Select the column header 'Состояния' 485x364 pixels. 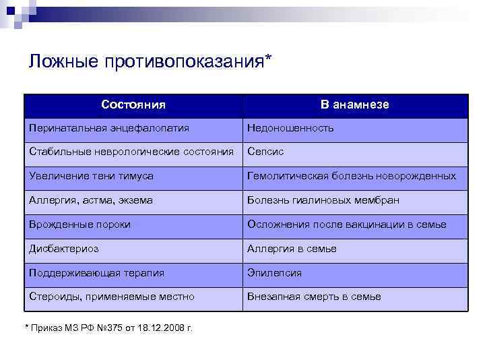coord(133,105)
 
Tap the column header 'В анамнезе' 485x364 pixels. coord(354,105)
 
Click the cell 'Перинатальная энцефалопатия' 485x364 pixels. coord(109,128)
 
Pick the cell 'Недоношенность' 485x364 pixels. coord(290,128)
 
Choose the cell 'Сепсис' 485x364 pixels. coord(265,152)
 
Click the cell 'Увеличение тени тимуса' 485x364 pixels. coord(91,176)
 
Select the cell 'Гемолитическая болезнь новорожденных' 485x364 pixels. coord(351,176)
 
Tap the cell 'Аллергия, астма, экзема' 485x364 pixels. coord(91,200)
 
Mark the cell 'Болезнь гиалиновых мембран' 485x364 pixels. coord(323,200)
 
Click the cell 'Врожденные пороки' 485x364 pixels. coord(79,224)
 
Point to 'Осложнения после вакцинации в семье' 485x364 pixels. coord(346,224)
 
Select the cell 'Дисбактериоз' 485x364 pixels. coord(63,249)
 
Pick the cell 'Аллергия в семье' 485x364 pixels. coord(292,249)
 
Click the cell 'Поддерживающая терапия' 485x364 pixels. coord(96,273)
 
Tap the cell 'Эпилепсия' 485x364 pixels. coord(274,273)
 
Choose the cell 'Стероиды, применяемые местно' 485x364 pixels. coord(111,297)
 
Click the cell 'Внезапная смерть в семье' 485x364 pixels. coord(314,297)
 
